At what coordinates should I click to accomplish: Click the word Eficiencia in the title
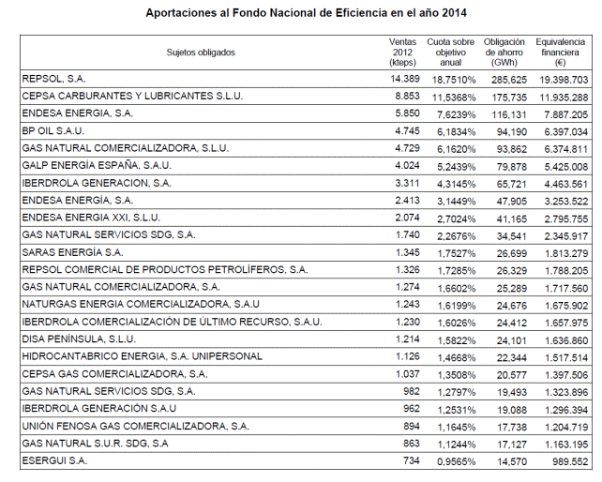pyautogui.click(x=361, y=13)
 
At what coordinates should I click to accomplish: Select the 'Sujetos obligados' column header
pyautogui.click(x=201, y=53)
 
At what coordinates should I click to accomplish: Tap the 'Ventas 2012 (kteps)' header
pyautogui.click(x=402, y=53)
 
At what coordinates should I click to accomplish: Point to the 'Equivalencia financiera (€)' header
pyautogui.click(x=560, y=53)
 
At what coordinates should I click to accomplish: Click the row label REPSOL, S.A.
pyautogui.click(x=53, y=79)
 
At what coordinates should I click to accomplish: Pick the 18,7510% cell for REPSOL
pyautogui.click(x=454, y=80)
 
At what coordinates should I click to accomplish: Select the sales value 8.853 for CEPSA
pyautogui.click(x=407, y=96)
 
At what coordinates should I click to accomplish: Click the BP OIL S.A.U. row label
pyautogui.click(x=53, y=131)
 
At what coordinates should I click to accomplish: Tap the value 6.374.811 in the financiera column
pyautogui.click(x=566, y=149)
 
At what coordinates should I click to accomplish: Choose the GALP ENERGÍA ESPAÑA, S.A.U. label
pyautogui.click(x=97, y=165)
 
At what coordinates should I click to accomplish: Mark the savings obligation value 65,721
pyautogui.click(x=511, y=184)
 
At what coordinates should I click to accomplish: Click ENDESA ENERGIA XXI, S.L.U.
pyautogui.click(x=91, y=218)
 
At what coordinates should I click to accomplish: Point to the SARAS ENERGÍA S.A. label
pyautogui.click(x=72, y=252)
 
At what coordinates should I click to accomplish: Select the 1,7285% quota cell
pyautogui.click(x=457, y=271)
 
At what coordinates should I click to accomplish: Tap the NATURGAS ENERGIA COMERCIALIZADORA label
pyautogui.click(x=141, y=304)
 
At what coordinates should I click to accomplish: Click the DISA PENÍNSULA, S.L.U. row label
pyautogui.click(x=79, y=339)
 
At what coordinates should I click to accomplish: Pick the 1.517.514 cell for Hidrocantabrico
pyautogui.click(x=566, y=357)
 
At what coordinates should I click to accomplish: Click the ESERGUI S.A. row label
pyautogui.click(x=54, y=460)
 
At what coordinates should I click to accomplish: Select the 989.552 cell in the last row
pyautogui.click(x=570, y=461)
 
